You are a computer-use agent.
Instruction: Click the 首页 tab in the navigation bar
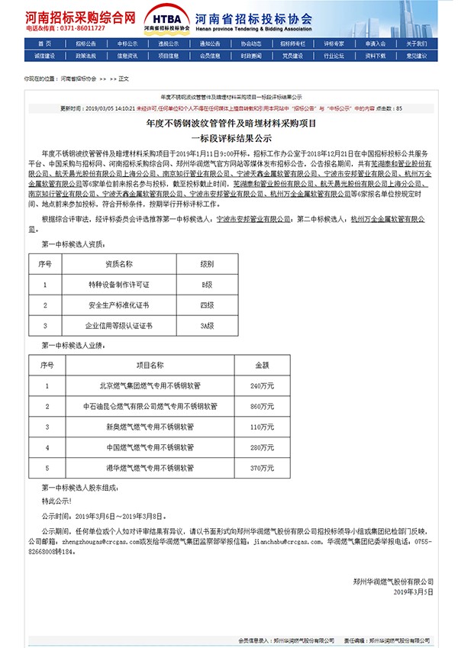(x=44, y=44)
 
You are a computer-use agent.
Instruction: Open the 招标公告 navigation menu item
(x=85, y=44)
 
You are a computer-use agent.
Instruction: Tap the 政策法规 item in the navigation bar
(x=85, y=55)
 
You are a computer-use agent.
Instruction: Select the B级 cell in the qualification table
(x=206, y=284)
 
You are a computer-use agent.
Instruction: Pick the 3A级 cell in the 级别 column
(x=206, y=325)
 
